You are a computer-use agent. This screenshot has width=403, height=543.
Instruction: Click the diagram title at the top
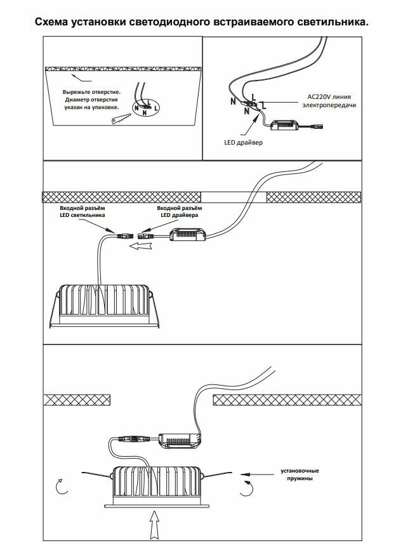click(201, 22)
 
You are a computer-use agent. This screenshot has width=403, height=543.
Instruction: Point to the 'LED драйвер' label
click(244, 143)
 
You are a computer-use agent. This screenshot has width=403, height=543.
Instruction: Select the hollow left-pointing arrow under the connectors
click(139, 248)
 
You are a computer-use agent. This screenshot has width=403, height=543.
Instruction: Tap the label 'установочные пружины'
click(300, 474)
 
